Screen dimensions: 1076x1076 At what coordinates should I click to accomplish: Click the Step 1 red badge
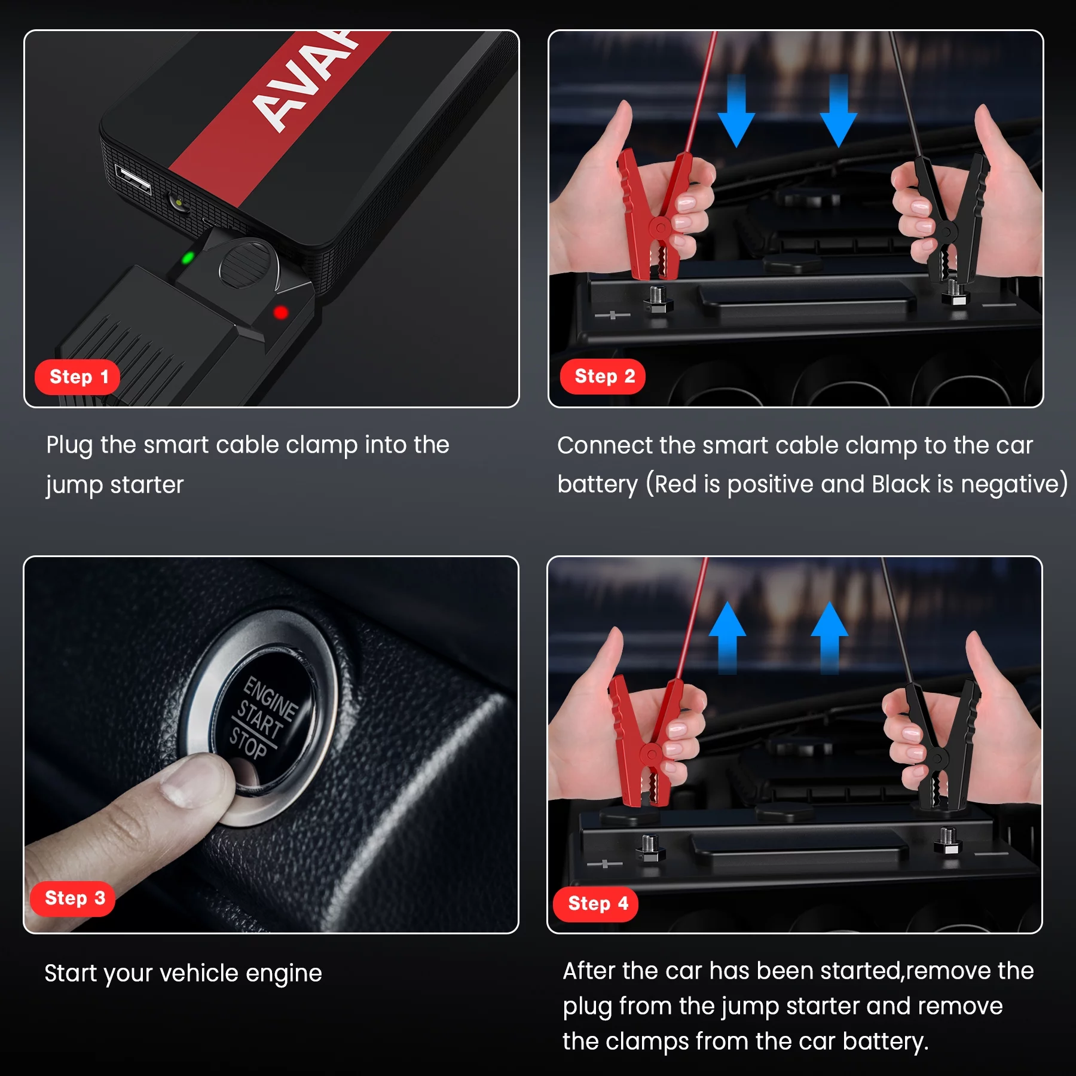pyautogui.click(x=78, y=377)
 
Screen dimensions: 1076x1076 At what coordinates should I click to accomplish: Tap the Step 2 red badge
pyautogui.click(x=603, y=377)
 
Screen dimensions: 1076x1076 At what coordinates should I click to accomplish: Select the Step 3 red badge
pyautogui.click(x=73, y=898)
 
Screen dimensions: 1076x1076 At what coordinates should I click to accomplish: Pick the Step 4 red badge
pyautogui.click(x=596, y=904)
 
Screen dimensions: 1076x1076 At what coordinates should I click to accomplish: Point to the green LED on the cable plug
pyautogui.click(x=188, y=258)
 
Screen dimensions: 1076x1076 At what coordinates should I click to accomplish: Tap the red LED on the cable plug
pyautogui.click(x=280, y=312)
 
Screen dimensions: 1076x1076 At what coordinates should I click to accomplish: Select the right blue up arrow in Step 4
pyautogui.click(x=830, y=637)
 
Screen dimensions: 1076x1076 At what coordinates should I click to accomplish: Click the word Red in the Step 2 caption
pyautogui.click(x=676, y=484)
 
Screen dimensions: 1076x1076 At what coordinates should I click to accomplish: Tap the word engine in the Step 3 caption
pyautogui.click(x=284, y=974)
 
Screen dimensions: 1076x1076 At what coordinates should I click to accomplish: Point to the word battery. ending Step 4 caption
pyautogui.click(x=885, y=1042)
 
